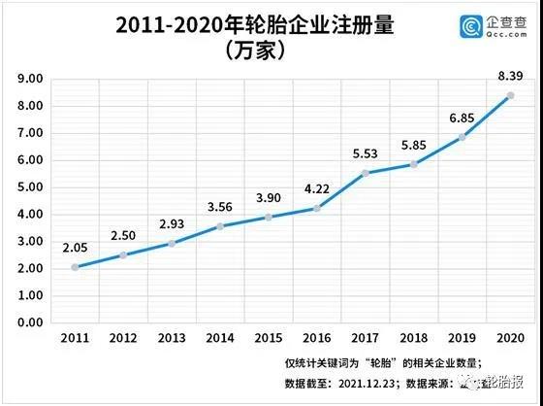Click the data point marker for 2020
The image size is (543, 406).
tap(510, 95)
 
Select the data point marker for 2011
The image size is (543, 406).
tap(75, 267)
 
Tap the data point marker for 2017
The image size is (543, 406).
tap(365, 173)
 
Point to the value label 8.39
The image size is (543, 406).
tap(510, 76)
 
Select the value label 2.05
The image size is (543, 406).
tap(75, 247)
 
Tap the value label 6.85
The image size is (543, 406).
tap(462, 118)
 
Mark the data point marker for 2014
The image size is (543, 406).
tap(220, 226)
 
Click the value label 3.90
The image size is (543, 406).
tap(269, 195)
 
